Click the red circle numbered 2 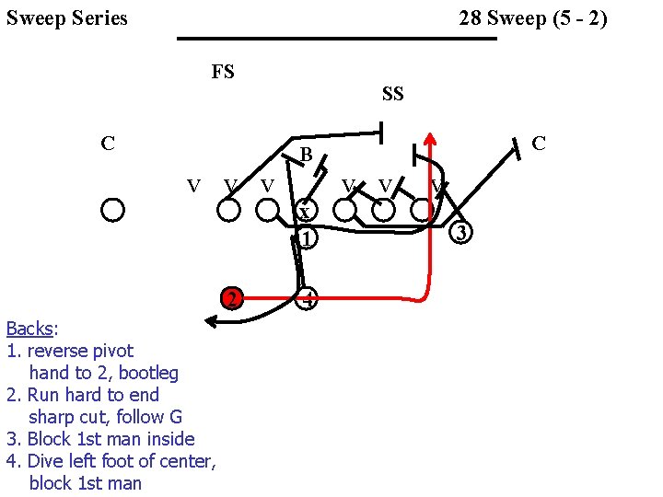[234, 298]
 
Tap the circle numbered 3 [463, 233]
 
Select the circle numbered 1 [307, 238]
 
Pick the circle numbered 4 [308, 298]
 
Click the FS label [223, 72]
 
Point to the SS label [393, 94]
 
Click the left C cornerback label [108, 144]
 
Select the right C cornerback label [539, 143]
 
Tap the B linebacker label [307, 155]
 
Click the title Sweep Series [67, 18]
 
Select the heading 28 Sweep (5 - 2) [533, 18]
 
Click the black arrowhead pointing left [210, 321]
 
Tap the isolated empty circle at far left [113, 210]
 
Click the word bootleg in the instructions [145, 373]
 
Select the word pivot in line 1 [111, 351]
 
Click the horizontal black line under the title [336, 39]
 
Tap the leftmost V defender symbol [193, 185]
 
